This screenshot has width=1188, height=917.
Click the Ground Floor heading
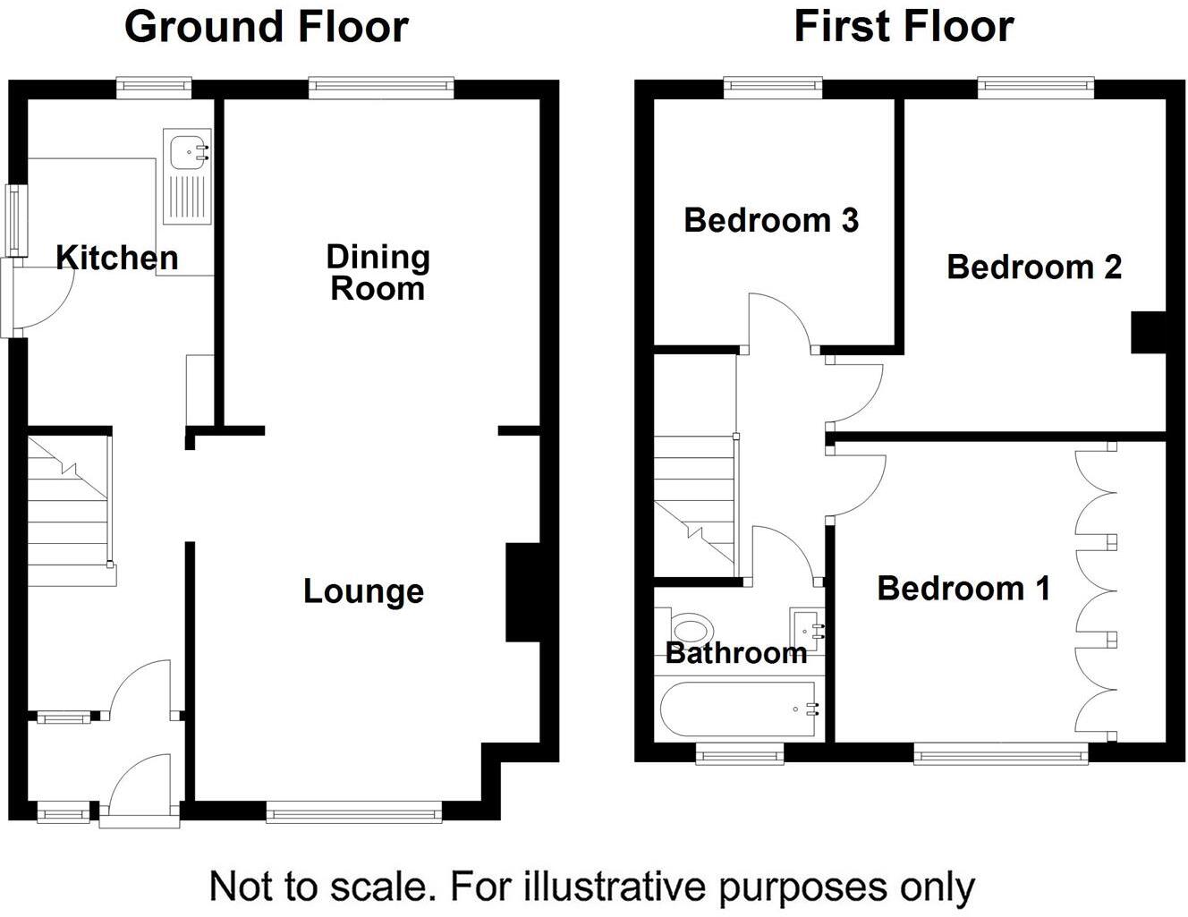[266, 27]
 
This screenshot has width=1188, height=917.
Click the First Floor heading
[904, 27]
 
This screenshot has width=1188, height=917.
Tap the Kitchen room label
[116, 258]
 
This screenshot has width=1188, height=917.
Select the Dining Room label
[378, 273]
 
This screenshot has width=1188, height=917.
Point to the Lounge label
[363, 591]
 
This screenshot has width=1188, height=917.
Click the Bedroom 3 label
[771, 220]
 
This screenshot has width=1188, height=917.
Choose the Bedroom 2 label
[1034, 267]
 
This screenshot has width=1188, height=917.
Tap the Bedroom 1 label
[963, 589]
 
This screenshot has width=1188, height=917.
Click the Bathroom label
[736, 653]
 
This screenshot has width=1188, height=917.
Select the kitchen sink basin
[189, 150]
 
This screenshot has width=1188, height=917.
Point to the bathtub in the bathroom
[737, 709]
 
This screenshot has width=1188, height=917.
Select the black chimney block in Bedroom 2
[1150, 332]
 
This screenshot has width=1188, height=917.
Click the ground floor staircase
[70, 510]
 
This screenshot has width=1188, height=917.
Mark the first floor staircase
[695, 505]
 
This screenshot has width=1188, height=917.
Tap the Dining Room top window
[382, 86]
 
